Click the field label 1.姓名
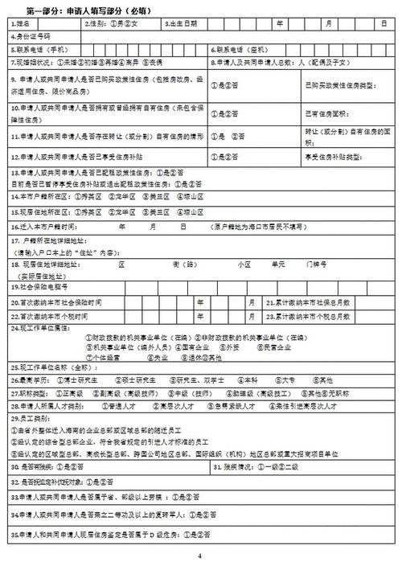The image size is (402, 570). [22, 24]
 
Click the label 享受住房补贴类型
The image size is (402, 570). [330, 156]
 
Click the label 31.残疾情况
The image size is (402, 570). [239, 467]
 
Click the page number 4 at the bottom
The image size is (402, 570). [200, 555]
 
